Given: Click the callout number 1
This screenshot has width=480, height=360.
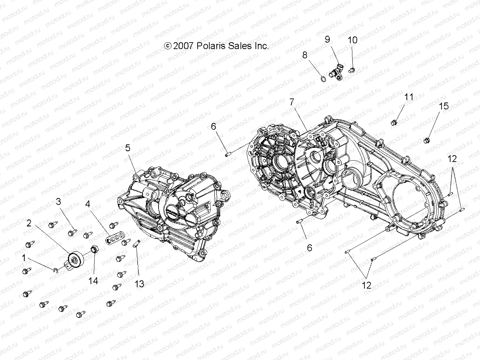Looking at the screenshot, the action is pos(24,258).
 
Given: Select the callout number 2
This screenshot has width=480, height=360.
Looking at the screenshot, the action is pos(29,223).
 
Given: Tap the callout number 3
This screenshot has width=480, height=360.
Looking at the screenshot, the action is pos(59,201).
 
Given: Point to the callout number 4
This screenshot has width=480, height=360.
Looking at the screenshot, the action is pos(87,204).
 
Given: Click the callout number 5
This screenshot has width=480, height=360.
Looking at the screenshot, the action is pos(128,148).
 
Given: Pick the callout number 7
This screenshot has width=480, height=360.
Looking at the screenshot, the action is pos(292,102).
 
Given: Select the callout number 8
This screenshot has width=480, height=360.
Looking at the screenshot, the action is pos(305,55).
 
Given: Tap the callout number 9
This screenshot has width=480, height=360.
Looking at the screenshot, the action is pos(328,39).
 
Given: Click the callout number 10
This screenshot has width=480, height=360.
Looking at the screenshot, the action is pos(352,40).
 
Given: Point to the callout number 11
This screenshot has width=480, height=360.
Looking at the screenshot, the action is pos(409,97).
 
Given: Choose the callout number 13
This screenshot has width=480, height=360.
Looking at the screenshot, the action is pos(139,284).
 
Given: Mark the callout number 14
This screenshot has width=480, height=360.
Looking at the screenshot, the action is pos(93,281).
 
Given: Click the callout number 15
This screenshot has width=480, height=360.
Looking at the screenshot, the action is pos(444,106).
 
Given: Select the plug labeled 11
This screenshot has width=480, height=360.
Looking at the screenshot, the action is pos(394,122).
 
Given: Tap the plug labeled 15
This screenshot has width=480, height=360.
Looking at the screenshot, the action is pos(427,140).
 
